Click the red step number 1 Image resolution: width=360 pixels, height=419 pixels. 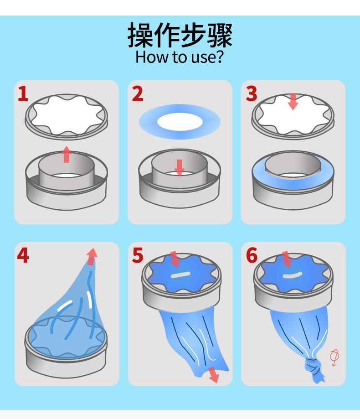(x=23, y=94)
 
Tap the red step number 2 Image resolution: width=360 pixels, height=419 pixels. (x=138, y=94)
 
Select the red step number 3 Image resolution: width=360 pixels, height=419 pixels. (x=252, y=94)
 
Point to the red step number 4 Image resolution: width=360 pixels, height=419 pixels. (x=23, y=255)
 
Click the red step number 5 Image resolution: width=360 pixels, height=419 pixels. (x=138, y=255)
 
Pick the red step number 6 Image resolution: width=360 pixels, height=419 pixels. (x=252, y=255)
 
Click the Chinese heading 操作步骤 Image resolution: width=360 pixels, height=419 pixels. (x=180, y=35)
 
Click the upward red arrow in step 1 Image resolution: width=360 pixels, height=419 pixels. (x=67, y=154)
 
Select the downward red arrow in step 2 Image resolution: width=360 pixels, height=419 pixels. (x=180, y=167)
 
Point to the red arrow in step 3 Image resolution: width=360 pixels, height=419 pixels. (x=293, y=102)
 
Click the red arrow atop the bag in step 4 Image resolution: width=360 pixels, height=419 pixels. (x=92, y=257)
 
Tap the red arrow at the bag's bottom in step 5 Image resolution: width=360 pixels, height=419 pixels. (x=214, y=375)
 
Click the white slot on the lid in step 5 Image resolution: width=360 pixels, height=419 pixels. (x=181, y=275)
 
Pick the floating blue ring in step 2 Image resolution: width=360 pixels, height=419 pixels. (x=180, y=122)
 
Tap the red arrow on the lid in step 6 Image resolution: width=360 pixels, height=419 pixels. (x=286, y=259)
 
